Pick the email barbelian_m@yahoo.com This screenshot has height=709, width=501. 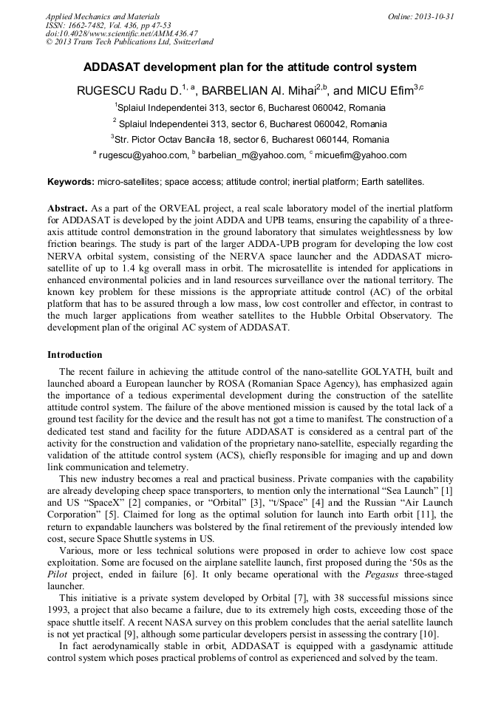[x=250, y=155]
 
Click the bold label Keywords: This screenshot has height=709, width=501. [x=71, y=181]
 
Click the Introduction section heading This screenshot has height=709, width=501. [x=75, y=355]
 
